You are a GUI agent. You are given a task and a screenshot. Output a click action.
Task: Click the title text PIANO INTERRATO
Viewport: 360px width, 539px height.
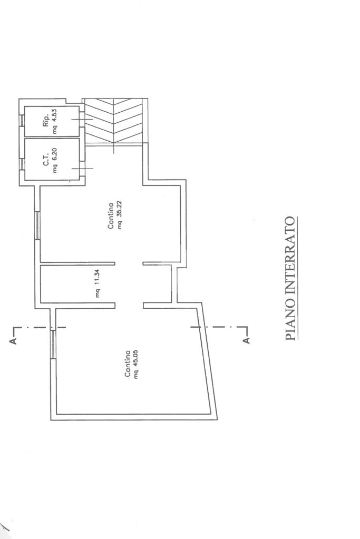click(290, 278)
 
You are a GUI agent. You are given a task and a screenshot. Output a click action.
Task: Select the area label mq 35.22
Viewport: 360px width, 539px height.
click(119, 215)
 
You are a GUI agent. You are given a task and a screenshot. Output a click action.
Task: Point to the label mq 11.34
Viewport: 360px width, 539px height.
click(98, 283)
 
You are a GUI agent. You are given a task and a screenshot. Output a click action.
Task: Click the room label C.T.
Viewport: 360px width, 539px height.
click(46, 162)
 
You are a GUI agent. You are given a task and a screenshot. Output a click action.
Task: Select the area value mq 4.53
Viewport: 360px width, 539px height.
click(55, 121)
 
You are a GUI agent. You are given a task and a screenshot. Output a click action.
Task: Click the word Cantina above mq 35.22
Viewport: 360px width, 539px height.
click(111, 216)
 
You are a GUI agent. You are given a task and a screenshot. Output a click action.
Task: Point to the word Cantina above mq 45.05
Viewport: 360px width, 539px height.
click(127, 364)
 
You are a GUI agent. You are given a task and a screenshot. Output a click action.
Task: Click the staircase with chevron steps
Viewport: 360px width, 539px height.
click(113, 121)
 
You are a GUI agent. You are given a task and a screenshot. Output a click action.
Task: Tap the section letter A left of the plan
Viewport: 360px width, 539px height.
click(13, 341)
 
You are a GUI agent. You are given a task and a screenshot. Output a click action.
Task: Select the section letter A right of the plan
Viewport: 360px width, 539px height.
click(246, 341)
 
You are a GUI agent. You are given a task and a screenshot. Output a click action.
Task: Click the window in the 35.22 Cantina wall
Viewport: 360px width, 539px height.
click(37, 225)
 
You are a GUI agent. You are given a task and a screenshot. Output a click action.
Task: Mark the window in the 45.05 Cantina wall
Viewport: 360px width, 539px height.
click(53, 345)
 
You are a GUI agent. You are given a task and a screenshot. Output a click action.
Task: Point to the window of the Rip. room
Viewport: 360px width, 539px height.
click(22, 120)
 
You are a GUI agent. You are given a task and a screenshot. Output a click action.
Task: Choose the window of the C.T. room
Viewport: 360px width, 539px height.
click(22, 164)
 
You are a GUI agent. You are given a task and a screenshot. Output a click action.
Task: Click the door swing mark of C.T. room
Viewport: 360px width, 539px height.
click(82, 169)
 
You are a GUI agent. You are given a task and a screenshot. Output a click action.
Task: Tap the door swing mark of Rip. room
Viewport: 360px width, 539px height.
click(82, 119)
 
